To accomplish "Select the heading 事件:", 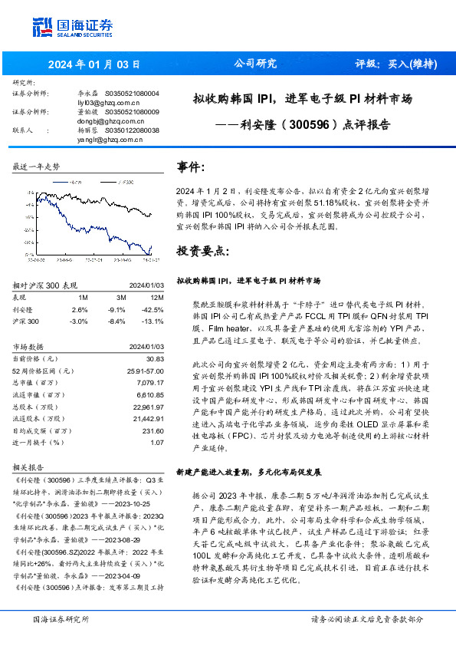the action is click(191, 168).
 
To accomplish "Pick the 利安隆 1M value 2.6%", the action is click(80, 309).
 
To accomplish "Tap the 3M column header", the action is click(120, 298).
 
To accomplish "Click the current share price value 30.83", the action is click(155, 358).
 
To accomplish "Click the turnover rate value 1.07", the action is click(157, 442).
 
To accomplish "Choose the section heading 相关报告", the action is click(28, 466).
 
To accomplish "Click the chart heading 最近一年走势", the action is click(37, 166).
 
